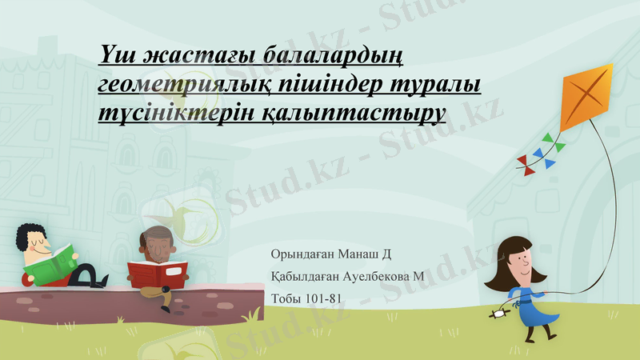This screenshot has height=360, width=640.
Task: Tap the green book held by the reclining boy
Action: coord(52,263)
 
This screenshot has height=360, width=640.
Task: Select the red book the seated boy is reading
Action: coord(158,273)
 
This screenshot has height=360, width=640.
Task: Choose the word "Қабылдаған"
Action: coord(305,277)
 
